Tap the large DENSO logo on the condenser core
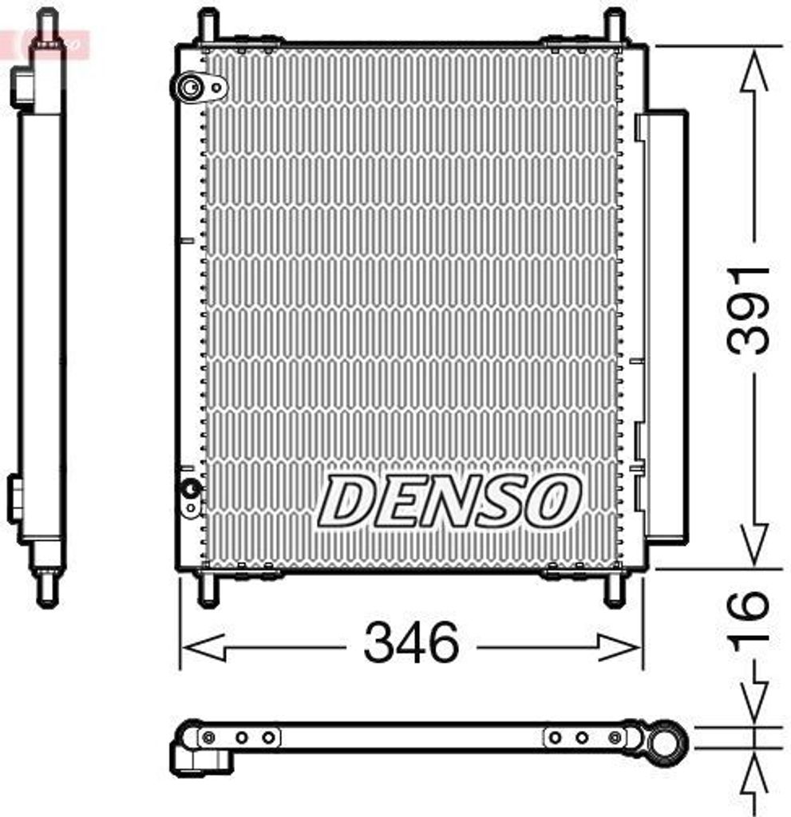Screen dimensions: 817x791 pyautogui.click(x=449, y=501)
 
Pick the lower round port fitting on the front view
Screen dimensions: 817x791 pyautogui.click(x=190, y=489)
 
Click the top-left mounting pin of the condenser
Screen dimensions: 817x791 pyautogui.click(x=208, y=26)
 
